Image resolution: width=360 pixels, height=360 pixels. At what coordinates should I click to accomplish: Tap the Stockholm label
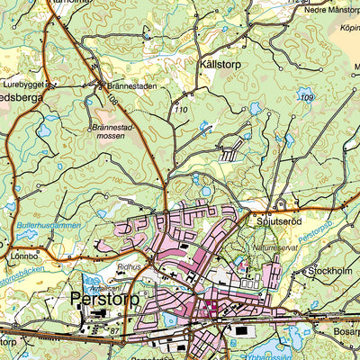(x=334, y=270)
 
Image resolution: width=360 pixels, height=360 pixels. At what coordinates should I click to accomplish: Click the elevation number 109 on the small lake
(x=307, y=97)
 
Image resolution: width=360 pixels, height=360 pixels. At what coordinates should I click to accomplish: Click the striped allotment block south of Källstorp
(x=231, y=154)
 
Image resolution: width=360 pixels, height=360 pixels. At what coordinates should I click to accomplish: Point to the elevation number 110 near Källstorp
(x=182, y=110)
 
